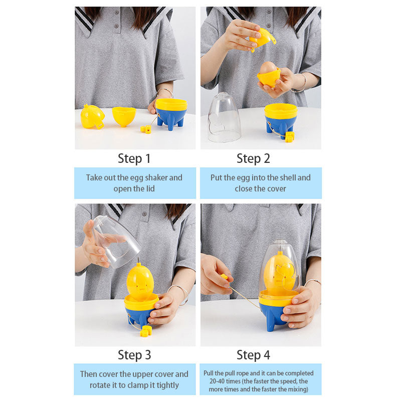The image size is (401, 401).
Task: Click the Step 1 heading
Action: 134,159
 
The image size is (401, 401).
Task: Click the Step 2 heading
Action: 253,159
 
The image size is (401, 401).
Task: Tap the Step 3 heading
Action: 134,355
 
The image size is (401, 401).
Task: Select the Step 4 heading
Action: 253,355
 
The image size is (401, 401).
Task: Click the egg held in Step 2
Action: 268,68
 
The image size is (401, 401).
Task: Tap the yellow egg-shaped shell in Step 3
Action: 140,282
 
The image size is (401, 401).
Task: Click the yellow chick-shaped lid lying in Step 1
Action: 92,116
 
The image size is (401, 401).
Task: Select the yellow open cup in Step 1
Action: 124,116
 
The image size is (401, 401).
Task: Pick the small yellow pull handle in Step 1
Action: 146,129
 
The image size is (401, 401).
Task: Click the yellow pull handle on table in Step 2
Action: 290,136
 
